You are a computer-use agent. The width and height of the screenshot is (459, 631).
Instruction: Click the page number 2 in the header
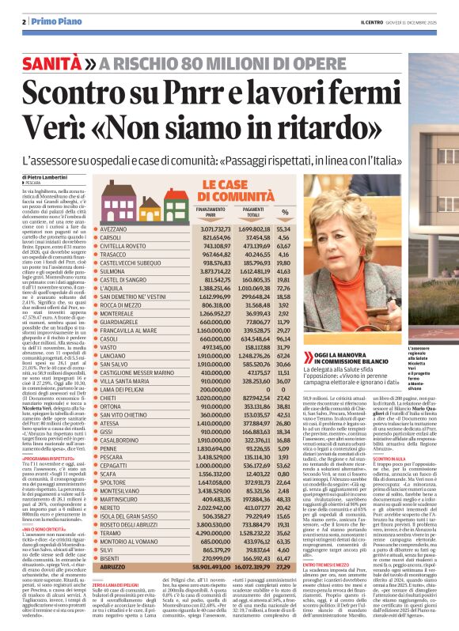25,21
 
